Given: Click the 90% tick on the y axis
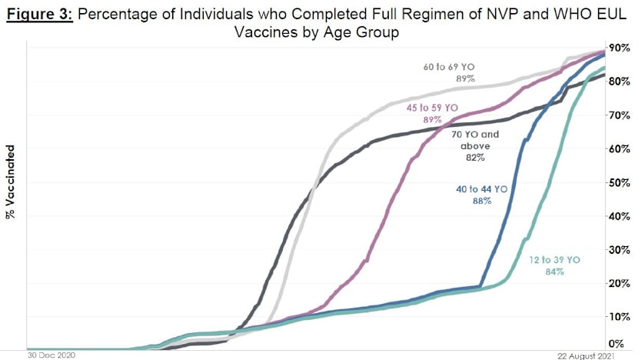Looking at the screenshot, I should coord(620,48).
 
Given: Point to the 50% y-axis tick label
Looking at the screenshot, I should coord(620,182).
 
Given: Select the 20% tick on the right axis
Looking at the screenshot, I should coord(620,283).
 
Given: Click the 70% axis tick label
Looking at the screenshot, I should coord(620,115).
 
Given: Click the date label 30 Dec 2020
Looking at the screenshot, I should coord(50,355).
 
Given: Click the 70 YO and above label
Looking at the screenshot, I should coord(474,139).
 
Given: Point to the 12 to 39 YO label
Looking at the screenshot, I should coord(555,260).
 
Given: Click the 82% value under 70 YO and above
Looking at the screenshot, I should coord(474,158).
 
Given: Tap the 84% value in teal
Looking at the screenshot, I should coord(555,272).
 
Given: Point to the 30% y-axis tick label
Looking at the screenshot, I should coord(620,249).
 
